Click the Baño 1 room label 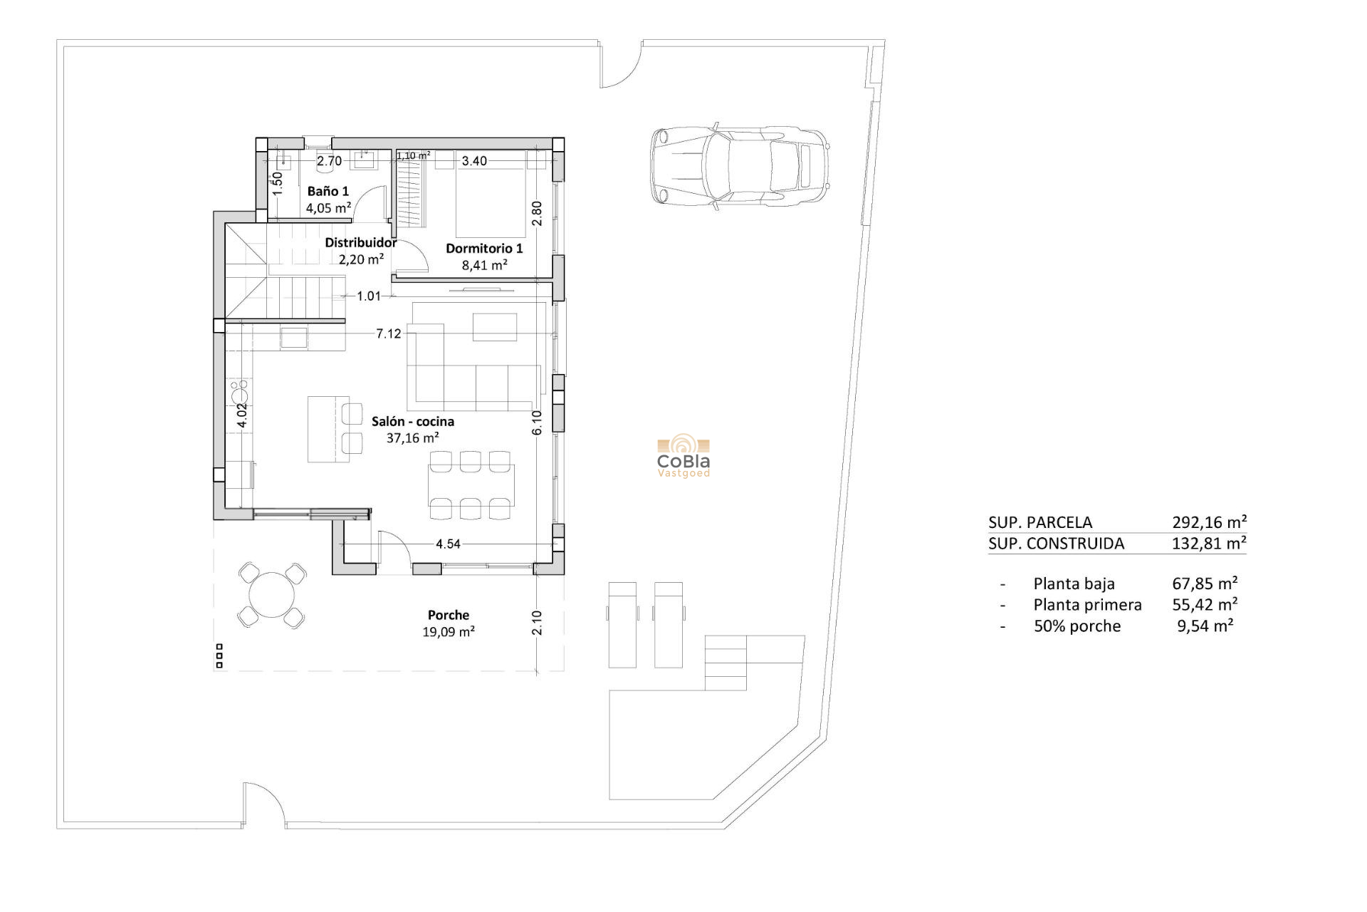328,191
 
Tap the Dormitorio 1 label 484,248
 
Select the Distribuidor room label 360,242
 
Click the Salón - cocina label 412,421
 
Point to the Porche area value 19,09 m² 448,631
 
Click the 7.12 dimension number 389,333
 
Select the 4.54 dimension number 448,544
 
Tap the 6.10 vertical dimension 537,422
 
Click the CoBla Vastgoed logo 683,457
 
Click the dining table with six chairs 471,484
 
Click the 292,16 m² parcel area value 1209,522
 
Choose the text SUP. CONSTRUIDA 1056,544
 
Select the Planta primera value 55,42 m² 1205,604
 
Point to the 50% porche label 1077,626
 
